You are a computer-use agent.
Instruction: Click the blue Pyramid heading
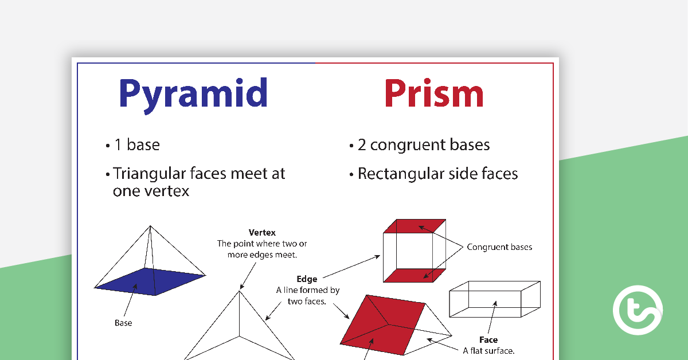[193, 95]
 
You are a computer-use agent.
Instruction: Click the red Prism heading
[434, 93]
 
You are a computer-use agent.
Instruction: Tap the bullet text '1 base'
[137, 144]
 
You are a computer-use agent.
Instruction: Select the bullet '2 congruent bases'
[424, 145]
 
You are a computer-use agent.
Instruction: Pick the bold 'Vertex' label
[262, 233]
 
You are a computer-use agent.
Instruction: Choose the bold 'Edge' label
[307, 279]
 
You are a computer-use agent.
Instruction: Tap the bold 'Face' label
[488, 340]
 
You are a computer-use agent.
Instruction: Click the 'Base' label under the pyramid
[123, 323]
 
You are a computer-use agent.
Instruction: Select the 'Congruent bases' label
[499, 247]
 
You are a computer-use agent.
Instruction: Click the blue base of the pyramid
[150, 281]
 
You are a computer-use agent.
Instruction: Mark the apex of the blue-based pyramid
[150, 226]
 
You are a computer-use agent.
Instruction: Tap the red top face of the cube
[415, 226]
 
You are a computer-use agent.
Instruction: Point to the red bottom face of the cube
[415, 275]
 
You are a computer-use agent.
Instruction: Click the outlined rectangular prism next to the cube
[494, 299]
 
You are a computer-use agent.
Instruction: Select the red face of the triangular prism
[383, 325]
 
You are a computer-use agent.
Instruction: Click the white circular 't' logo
[638, 310]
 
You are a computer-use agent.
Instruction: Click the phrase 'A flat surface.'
[488, 351]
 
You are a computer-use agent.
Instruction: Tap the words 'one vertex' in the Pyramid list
[151, 191]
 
